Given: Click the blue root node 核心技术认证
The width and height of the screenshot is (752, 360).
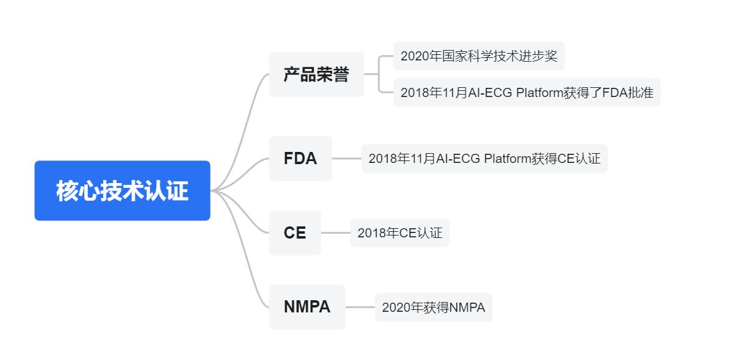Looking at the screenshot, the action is (122, 190).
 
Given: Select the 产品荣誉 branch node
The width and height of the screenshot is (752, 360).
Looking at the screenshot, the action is (316, 74).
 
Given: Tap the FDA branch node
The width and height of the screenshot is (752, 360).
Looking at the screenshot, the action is (300, 159).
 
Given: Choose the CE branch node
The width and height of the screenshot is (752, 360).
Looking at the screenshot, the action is (295, 233).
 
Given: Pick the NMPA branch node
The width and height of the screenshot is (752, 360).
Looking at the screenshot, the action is (307, 307).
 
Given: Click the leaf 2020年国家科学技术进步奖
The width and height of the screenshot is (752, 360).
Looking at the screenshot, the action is (479, 56).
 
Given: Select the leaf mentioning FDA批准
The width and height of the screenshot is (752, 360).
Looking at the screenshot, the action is (527, 92).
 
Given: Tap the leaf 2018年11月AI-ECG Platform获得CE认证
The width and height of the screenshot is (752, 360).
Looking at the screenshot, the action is (485, 159).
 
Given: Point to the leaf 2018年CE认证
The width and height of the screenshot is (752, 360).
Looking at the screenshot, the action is (400, 233).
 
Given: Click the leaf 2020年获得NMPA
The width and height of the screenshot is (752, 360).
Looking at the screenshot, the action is (433, 307).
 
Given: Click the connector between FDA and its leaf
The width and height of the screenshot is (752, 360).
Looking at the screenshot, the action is (347, 159).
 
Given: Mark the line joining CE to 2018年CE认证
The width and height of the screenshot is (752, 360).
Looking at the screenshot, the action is (336, 233).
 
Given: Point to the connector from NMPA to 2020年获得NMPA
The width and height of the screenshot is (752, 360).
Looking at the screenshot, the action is (360, 307).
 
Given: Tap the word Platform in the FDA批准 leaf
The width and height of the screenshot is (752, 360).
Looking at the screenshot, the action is (540, 93).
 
